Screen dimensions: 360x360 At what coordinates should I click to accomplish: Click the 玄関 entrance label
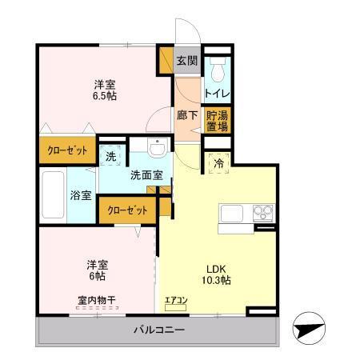point(186,59)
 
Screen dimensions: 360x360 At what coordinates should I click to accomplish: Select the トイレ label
point(216,93)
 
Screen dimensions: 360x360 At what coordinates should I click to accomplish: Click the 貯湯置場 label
point(217,120)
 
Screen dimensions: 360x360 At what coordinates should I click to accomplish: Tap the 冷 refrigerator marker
point(219,163)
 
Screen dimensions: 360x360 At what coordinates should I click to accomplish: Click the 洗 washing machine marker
point(110,156)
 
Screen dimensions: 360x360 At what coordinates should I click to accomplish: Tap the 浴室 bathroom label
point(80,195)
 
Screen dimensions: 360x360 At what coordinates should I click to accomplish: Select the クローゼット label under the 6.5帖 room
point(67,151)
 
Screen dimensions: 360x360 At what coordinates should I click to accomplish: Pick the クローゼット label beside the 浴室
point(126,210)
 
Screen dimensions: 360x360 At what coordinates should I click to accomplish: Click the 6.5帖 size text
point(104,94)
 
